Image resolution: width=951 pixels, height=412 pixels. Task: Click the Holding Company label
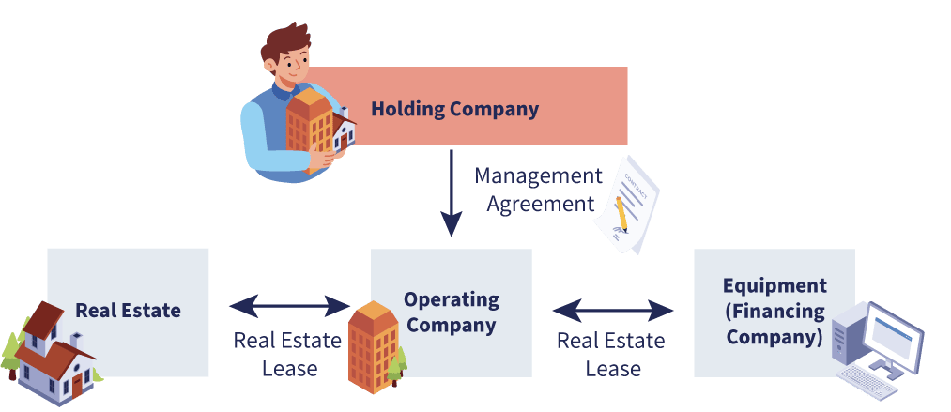point(455,110)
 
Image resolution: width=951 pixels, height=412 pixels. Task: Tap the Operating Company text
point(452,312)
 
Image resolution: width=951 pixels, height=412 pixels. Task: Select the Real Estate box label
point(128,311)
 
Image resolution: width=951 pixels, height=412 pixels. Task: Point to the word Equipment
point(775,284)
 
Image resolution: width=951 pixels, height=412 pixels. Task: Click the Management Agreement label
point(539,190)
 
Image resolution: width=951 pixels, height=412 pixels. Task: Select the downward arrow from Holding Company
point(452,192)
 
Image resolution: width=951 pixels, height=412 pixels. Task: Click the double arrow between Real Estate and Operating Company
point(290,306)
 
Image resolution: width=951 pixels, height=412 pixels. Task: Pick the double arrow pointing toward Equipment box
point(613,312)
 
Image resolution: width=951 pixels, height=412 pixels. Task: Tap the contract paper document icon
point(626,205)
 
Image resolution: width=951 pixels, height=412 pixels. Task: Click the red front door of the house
point(77,387)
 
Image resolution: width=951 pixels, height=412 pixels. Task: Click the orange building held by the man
point(309,129)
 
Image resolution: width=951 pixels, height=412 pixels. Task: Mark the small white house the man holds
point(344,130)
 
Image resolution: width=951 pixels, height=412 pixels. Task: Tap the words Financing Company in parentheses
point(775,324)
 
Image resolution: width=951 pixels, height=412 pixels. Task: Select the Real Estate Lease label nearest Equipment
point(611,355)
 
